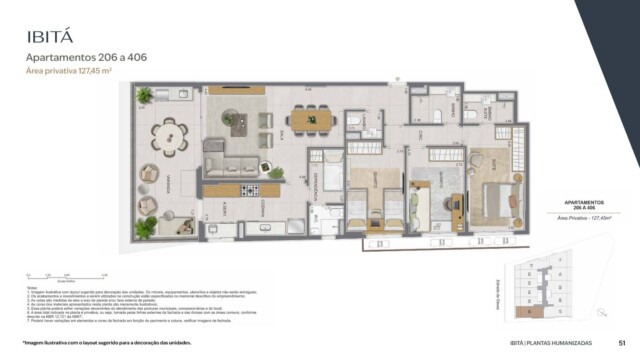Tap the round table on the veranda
point(168,135)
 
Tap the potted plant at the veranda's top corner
point(145,96)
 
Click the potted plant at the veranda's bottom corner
point(146,228)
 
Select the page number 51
point(623,343)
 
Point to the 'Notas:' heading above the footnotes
point(34,284)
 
